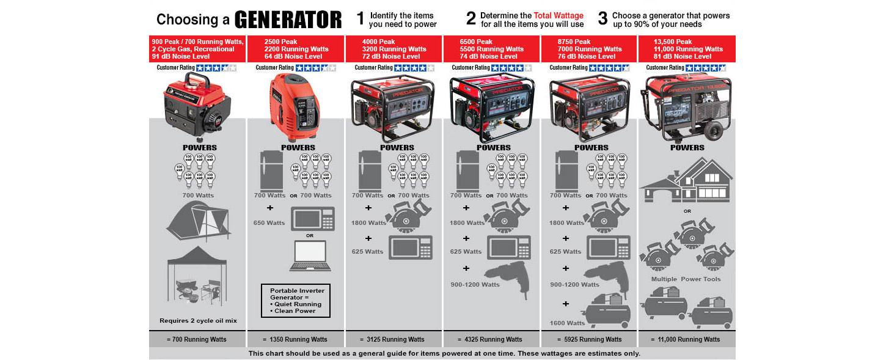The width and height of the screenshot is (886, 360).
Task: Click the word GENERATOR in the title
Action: [288, 19]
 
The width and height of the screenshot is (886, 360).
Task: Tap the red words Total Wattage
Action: [558, 15]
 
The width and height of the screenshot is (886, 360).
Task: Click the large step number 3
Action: [602, 19]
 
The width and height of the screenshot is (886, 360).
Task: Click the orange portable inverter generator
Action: [295, 101]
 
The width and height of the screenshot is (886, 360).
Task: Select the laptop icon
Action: [311, 256]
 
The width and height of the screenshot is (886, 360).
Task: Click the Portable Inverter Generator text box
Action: [296, 300]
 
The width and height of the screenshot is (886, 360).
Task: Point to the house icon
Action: [687, 180]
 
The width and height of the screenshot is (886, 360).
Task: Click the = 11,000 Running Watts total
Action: [686, 339]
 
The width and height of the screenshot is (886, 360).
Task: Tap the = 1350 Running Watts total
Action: [295, 339]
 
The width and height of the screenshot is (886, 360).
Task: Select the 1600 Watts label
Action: [567, 323]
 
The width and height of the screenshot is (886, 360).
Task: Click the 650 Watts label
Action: [269, 223]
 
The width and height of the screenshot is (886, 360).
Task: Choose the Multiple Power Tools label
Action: [686, 279]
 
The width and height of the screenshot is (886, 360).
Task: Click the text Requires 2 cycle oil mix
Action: [198, 320]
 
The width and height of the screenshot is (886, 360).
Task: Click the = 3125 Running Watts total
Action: [394, 339]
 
